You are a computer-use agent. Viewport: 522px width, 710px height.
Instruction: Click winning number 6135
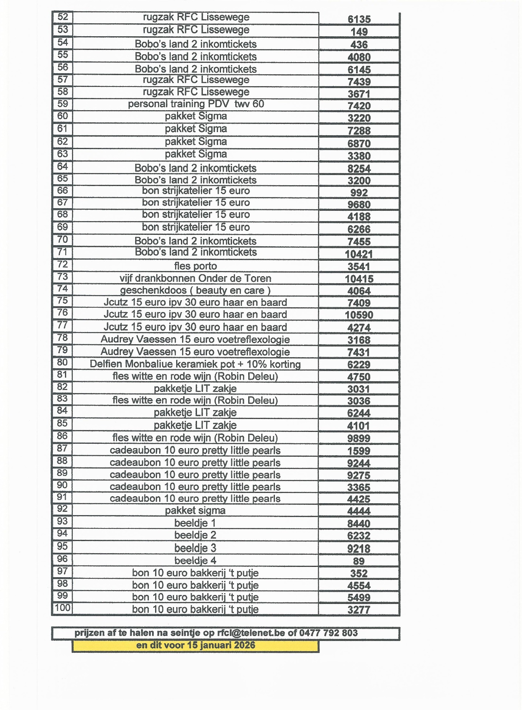(x=359, y=19)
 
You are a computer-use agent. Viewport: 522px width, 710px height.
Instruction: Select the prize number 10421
(x=359, y=254)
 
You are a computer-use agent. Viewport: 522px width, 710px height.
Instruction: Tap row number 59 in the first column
(x=63, y=104)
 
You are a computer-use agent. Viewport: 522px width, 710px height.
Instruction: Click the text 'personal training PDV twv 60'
(x=196, y=104)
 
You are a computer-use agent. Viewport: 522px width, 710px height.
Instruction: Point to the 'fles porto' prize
(x=195, y=266)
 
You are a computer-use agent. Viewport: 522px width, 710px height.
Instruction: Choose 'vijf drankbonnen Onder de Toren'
(x=195, y=278)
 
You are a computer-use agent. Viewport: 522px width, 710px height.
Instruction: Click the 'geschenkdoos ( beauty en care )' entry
(x=195, y=290)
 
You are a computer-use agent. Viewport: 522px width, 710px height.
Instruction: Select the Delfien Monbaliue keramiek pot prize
(x=195, y=364)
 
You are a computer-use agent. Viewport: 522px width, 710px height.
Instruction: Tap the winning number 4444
(x=359, y=511)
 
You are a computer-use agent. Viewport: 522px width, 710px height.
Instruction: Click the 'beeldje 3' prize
(x=195, y=548)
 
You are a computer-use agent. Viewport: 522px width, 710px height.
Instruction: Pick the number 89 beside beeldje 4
(x=359, y=561)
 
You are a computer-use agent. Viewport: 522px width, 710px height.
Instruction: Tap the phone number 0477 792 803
(x=328, y=633)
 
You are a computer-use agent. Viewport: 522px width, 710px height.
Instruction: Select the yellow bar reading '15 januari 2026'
(x=195, y=645)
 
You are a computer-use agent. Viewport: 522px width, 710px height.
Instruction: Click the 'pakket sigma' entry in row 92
(x=195, y=510)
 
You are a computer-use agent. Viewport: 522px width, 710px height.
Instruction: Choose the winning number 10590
(x=359, y=315)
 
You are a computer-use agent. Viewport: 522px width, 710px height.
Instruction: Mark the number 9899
(x=359, y=438)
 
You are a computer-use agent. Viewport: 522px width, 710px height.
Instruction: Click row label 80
(x=63, y=362)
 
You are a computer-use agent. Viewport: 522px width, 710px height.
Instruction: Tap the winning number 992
(x=359, y=193)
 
